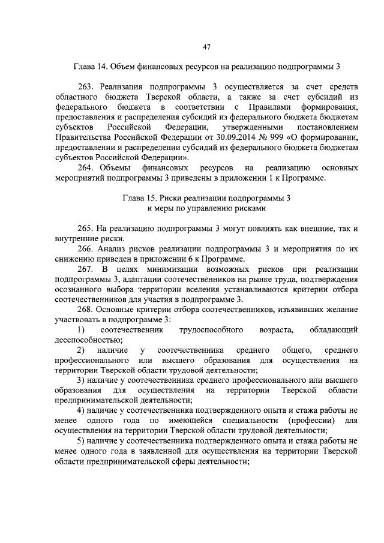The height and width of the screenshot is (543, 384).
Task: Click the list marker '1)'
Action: click(81, 329)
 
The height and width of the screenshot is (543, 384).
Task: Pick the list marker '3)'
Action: click(81, 380)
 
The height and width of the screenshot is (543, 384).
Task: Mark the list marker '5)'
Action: click(81, 441)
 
